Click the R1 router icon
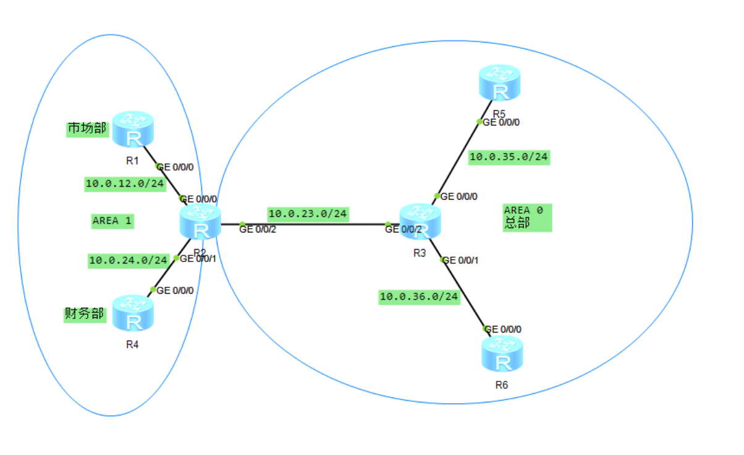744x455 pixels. pyautogui.click(x=132, y=129)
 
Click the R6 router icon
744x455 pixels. pyautogui.click(x=502, y=354)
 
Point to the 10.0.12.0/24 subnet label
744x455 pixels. pyautogui.click(x=125, y=184)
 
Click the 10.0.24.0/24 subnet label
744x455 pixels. pyautogui.click(x=129, y=260)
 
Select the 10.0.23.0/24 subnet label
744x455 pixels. pyautogui.click(x=308, y=213)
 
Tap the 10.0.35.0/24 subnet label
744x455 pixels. pyautogui.click(x=509, y=157)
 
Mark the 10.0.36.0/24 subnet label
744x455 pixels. pyautogui.click(x=419, y=297)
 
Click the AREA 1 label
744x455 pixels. pyautogui.click(x=112, y=221)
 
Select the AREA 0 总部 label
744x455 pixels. pyautogui.click(x=525, y=217)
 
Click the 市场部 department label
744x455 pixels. pyautogui.click(x=87, y=129)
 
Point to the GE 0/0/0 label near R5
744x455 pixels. pyautogui.click(x=501, y=122)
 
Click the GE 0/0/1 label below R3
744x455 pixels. pyautogui.click(x=460, y=260)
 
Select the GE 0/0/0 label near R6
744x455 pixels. pyautogui.click(x=504, y=330)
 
